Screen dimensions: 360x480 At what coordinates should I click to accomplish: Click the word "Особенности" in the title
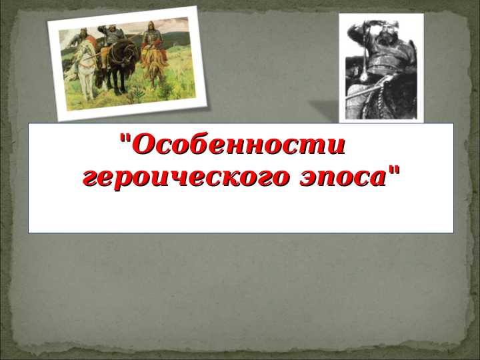pos(239,145)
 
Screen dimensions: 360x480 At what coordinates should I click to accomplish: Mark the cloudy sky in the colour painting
pos(167,27)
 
